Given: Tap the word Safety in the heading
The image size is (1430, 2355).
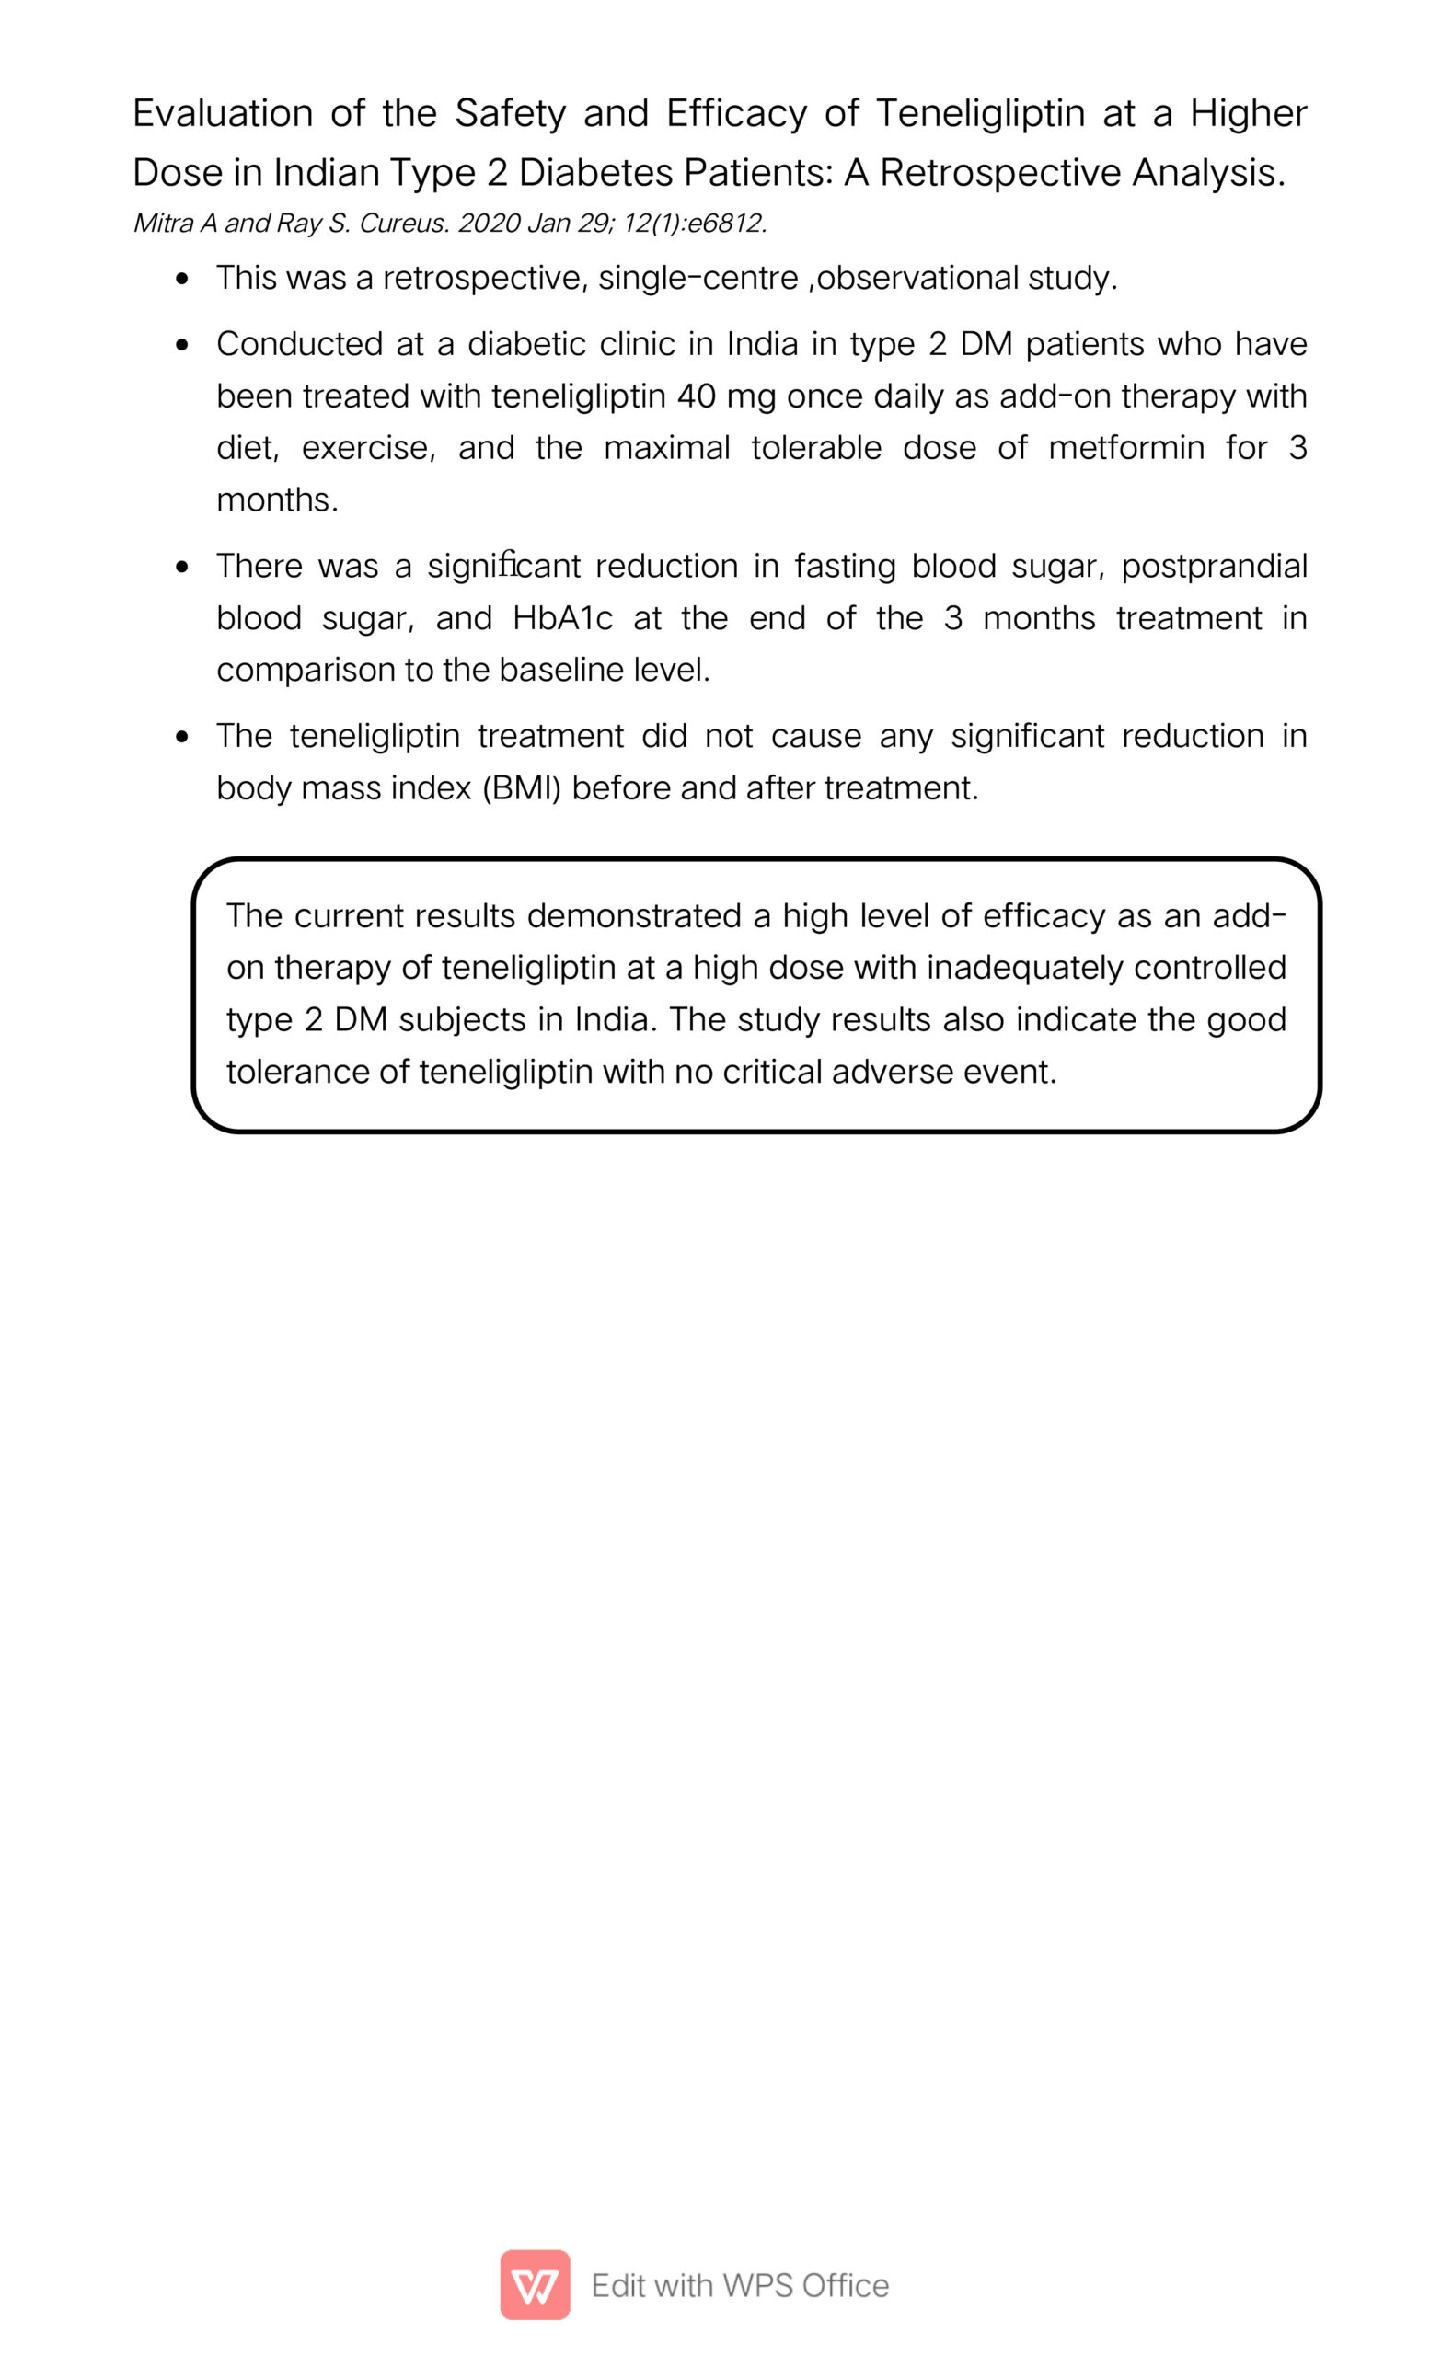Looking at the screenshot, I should pyautogui.click(x=511, y=114).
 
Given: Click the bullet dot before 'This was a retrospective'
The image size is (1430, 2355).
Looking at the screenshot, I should pyautogui.click(x=182, y=279).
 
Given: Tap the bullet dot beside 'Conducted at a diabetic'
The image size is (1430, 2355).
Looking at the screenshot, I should pyautogui.click(x=182, y=345).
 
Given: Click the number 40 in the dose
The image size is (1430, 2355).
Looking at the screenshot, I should pyautogui.click(x=696, y=396).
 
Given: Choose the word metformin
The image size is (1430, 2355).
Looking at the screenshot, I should pyautogui.click(x=1125, y=448).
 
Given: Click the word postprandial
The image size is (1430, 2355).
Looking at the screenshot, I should pyautogui.click(x=1213, y=567).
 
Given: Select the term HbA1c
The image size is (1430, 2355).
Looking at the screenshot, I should pyautogui.click(x=562, y=619).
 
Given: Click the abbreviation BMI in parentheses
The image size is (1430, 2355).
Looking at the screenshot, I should pyautogui.click(x=521, y=788).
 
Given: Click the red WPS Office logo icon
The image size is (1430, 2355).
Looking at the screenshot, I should pyautogui.click(x=535, y=2285).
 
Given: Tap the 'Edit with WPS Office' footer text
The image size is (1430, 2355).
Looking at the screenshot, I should pyautogui.click(x=740, y=2285).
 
